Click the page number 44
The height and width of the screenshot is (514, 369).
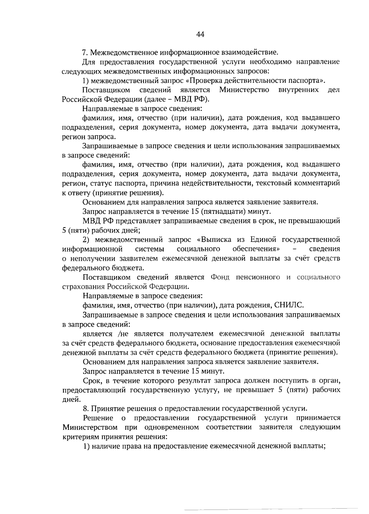point(200,34)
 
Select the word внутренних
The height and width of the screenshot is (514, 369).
point(298,90)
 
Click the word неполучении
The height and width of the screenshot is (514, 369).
point(88,258)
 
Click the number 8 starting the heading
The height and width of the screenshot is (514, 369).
point(85,409)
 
